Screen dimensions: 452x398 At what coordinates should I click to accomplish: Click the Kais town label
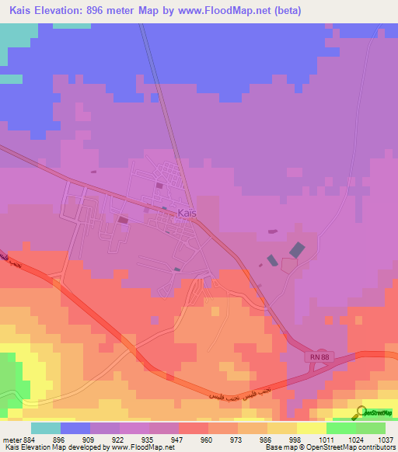[x=187, y=214]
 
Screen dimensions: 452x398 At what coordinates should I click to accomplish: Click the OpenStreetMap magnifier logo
[x=363, y=412]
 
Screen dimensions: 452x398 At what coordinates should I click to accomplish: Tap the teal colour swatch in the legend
[x=46, y=428]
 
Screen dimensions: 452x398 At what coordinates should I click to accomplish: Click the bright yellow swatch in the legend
[x=312, y=428]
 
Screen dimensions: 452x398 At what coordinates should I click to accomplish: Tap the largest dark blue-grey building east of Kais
[x=297, y=250]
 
